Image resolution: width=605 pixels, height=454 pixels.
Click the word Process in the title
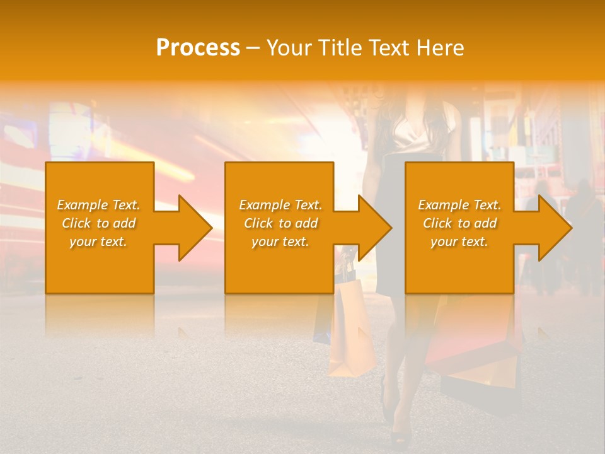tap(198, 48)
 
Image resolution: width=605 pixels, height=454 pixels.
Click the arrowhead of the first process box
tap(195, 228)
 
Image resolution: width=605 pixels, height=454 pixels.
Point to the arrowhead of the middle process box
tap(375, 228)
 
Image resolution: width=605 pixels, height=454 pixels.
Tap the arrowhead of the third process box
tap(555, 228)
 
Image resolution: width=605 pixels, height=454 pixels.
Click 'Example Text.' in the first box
tap(98, 205)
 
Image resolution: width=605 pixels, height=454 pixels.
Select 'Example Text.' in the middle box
tap(280, 205)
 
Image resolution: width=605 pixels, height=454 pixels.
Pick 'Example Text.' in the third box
tap(459, 205)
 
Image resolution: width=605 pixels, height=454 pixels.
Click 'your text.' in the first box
tap(98, 242)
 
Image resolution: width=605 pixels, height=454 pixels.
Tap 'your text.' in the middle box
tap(280, 242)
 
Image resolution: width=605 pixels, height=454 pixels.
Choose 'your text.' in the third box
tap(459, 242)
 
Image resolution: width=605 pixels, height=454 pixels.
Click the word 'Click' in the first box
tap(77, 223)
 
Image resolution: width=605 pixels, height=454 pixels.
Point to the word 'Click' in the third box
tap(438, 223)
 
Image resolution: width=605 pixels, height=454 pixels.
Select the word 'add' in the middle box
tap(306, 223)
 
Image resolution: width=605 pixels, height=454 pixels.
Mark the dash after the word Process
tap(253, 48)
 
